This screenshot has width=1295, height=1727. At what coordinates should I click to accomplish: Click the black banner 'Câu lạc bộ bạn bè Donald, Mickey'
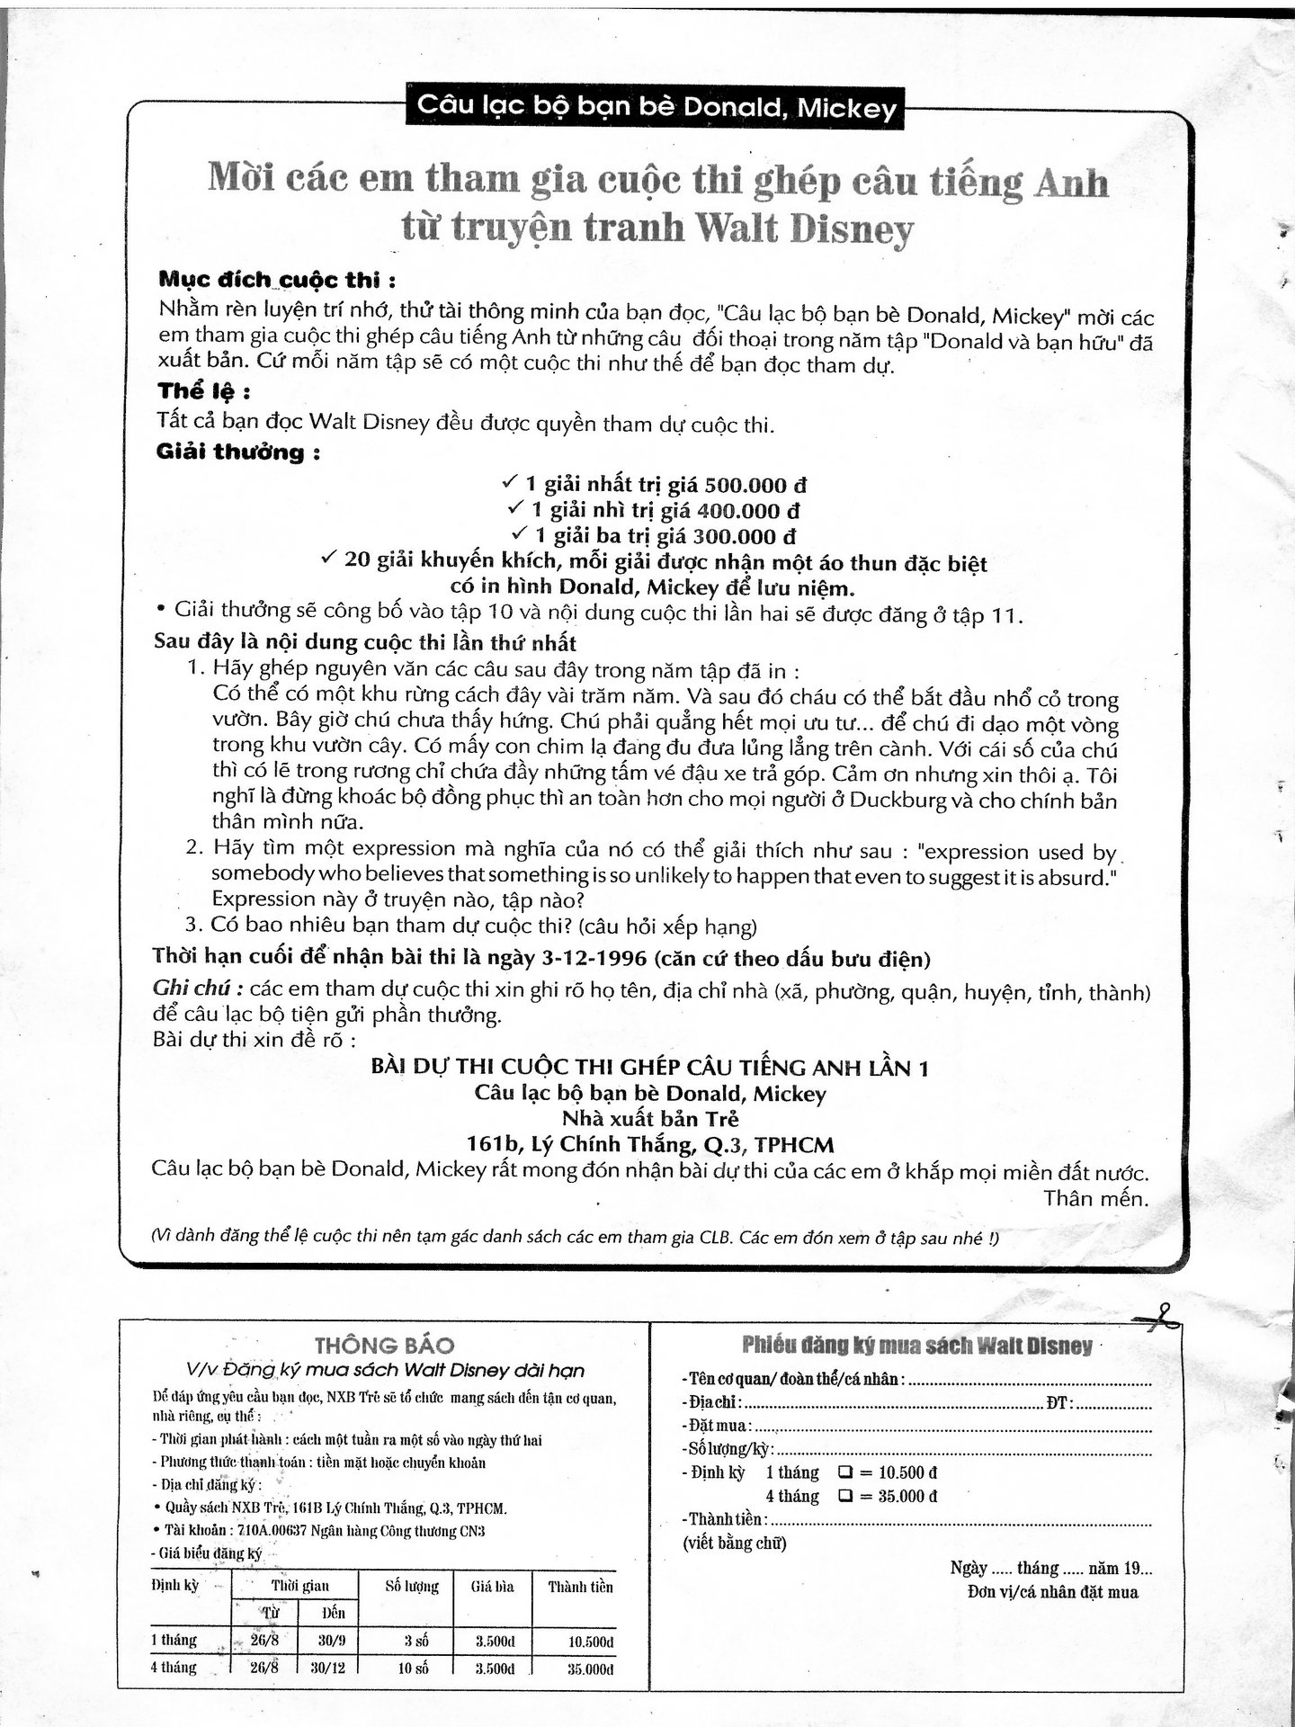click(656, 108)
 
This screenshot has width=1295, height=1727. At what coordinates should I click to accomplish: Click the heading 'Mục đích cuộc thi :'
click(277, 280)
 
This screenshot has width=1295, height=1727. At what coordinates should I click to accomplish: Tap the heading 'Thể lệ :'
click(203, 392)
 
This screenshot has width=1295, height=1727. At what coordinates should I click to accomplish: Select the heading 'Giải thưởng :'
click(237, 452)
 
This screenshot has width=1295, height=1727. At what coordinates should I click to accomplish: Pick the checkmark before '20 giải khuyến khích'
click(329, 559)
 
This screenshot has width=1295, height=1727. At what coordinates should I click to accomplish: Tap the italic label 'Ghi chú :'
click(198, 989)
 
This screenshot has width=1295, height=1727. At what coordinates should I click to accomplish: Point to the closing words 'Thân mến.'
click(1095, 1198)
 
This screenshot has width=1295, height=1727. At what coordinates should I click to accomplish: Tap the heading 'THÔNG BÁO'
click(384, 1346)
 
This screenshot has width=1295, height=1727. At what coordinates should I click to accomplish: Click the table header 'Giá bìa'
click(492, 1587)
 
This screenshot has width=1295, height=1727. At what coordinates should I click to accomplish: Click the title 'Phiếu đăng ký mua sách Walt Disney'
click(916, 1347)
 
